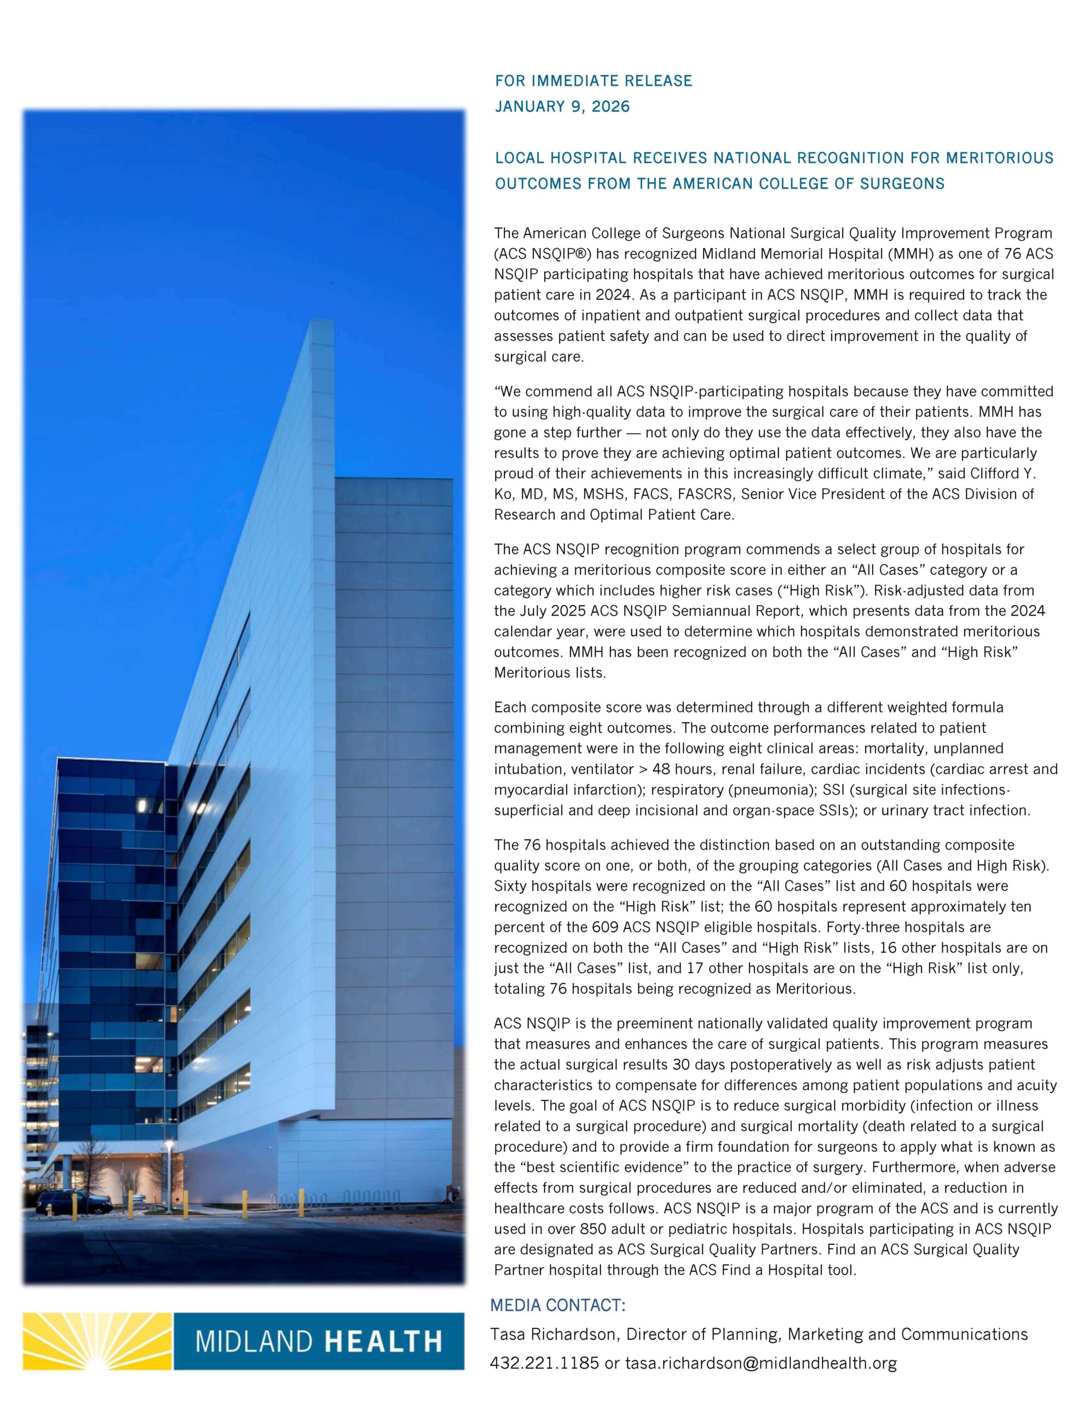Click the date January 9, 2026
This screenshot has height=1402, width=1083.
(562, 107)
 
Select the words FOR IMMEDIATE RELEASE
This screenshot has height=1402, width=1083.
(593, 81)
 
